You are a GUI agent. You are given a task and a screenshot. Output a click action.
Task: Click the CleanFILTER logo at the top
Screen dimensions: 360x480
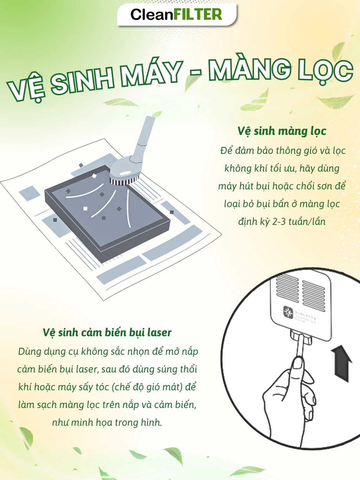click(x=176, y=14)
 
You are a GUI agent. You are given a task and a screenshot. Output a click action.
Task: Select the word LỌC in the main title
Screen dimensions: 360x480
click(x=324, y=70)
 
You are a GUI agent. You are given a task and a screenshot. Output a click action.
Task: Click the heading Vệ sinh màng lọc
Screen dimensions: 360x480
click(x=282, y=131)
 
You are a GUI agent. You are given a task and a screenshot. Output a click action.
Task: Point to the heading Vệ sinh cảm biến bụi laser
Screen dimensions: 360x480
click(x=107, y=333)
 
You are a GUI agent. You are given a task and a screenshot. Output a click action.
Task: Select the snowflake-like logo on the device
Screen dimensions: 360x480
click(x=288, y=312)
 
